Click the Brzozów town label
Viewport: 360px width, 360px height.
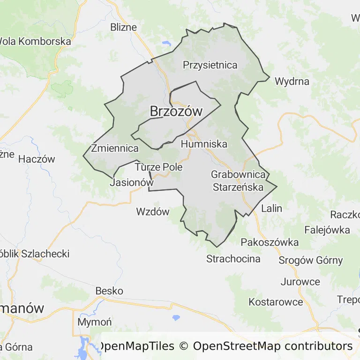click(x=176, y=112)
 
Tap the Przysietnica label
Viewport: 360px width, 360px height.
click(x=210, y=65)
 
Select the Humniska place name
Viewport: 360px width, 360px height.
click(x=204, y=144)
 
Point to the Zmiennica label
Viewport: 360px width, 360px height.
click(x=115, y=149)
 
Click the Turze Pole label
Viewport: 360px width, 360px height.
click(x=158, y=167)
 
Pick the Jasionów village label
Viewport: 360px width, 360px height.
click(x=131, y=183)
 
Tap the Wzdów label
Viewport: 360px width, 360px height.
click(x=152, y=211)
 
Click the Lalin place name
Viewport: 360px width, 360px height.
click(x=272, y=208)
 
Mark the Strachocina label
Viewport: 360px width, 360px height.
click(x=233, y=259)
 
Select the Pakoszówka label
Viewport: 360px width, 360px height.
click(x=270, y=242)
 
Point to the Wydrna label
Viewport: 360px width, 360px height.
click(x=292, y=81)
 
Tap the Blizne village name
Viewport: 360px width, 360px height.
click(x=123, y=27)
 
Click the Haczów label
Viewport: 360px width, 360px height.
click(x=37, y=159)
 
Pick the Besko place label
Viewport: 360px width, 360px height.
click(x=109, y=291)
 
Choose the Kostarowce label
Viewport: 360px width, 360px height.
click(x=276, y=302)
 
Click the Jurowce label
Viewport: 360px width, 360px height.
click(x=300, y=282)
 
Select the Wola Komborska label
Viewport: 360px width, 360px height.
click(x=35, y=41)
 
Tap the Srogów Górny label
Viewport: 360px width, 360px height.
click(x=310, y=260)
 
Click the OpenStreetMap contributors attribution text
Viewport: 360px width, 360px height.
click(x=272, y=346)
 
